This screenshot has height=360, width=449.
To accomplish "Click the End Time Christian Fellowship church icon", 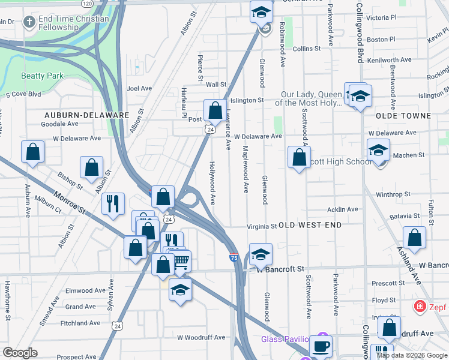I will coord(28,23).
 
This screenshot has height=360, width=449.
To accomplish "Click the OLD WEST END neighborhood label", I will coord(310,225).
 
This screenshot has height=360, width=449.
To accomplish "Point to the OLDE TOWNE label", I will coord(403,115).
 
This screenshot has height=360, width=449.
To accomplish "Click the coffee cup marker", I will coord(321,346).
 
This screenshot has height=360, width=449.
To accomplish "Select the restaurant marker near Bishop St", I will coord(113,203).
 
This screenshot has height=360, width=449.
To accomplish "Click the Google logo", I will coord(20,353).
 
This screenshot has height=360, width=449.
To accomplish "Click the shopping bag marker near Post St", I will coord(214,110).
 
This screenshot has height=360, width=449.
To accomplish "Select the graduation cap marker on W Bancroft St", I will coord(261,254).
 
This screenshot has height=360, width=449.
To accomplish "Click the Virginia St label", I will coord(262,227).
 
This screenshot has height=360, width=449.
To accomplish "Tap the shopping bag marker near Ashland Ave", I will coord(414,238).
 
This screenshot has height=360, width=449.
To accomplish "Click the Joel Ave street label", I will coord(139,88).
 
